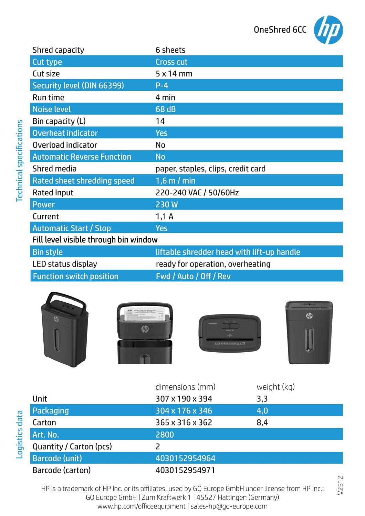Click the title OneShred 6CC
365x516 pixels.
click(x=280, y=30)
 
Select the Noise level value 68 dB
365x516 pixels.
click(x=166, y=109)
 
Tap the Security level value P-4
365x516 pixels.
click(x=162, y=86)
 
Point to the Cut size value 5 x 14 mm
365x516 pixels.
click(x=174, y=74)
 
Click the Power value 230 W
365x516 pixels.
click(x=167, y=205)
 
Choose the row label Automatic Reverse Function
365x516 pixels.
click(x=82, y=157)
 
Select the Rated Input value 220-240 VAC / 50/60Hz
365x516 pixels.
click(x=197, y=193)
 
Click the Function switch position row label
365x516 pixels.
click(x=75, y=276)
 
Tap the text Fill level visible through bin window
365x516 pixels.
click(x=95, y=239)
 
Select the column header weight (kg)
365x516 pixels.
click(x=275, y=387)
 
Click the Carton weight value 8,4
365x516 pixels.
click(x=262, y=422)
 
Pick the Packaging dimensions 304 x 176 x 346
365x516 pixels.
click(x=184, y=411)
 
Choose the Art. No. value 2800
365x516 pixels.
click(x=165, y=435)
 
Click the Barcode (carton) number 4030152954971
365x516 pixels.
click(x=185, y=470)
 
